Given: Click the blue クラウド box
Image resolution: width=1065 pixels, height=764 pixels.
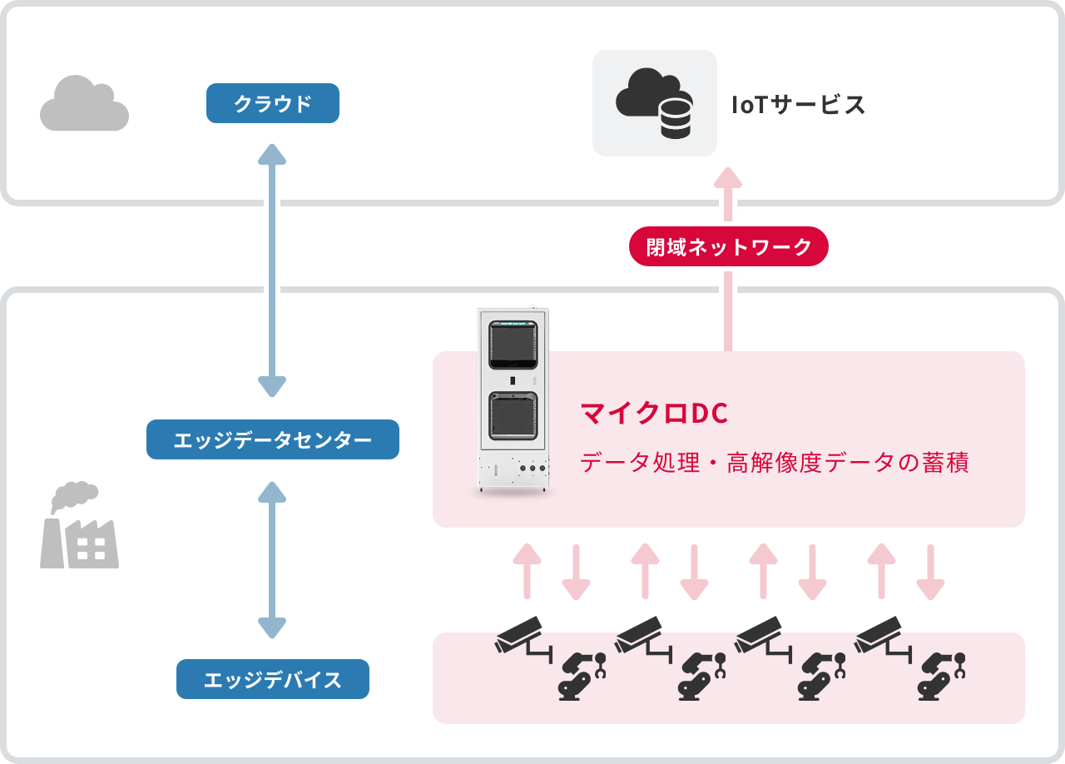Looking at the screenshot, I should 272,103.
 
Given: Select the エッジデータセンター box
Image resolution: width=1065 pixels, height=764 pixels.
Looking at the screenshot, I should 272,439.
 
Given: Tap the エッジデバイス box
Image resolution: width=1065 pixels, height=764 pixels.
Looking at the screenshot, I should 272,679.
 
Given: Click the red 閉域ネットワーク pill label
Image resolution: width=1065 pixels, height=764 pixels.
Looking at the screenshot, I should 728,246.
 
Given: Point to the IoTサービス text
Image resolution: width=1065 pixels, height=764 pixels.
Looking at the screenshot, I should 798,105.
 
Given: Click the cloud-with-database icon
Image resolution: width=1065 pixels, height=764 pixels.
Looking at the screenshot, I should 654,103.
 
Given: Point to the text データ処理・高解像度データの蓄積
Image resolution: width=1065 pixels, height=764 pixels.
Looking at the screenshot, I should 774,463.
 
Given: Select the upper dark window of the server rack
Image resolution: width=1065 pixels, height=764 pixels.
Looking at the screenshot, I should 513,344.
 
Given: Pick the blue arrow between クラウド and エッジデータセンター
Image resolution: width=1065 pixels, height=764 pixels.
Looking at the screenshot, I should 272,270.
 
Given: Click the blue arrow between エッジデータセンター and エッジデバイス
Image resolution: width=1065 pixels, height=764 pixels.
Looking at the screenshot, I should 272,559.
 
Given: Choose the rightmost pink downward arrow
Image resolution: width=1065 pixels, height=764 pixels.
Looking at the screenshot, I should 930,573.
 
